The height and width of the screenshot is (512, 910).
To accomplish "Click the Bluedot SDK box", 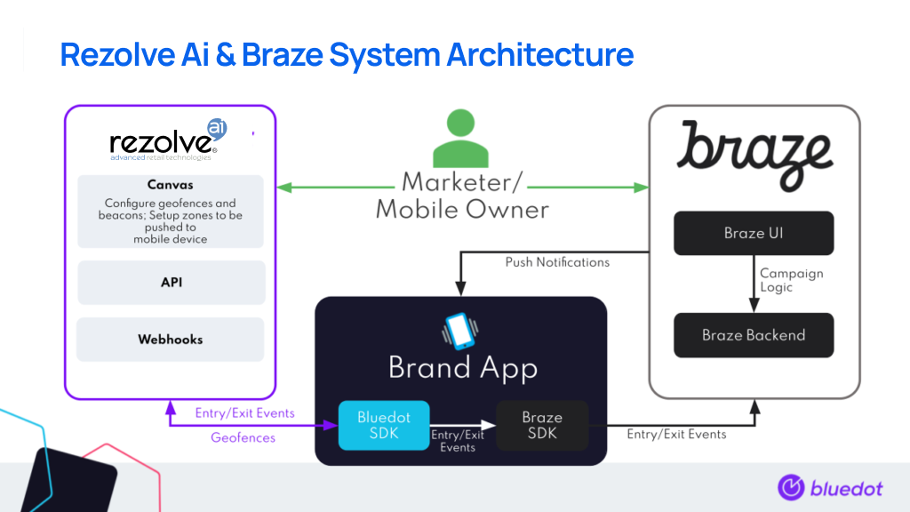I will point(383,425).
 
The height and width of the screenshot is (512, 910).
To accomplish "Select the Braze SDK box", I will point(542,425).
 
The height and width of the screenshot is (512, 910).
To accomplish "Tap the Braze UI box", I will point(753,233).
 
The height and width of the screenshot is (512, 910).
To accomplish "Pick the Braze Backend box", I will point(753,335).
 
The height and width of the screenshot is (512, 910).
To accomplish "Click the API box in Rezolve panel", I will point(172,283).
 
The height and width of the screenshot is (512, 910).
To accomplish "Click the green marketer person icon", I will point(460,139).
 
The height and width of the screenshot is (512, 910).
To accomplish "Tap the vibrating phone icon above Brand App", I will point(460,332).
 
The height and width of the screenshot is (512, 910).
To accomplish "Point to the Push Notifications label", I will point(557,262).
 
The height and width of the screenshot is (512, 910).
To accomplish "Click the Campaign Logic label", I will point(791,281).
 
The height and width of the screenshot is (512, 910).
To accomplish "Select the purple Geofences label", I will point(243,437).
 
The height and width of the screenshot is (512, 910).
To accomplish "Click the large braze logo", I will point(754,156).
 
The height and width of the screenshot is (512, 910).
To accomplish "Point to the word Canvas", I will point(171,185).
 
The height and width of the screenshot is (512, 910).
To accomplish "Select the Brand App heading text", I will point(462,368).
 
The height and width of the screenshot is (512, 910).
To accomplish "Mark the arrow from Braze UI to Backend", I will point(754,284).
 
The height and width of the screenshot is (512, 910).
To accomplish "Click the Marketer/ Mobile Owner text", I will point(462,196).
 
